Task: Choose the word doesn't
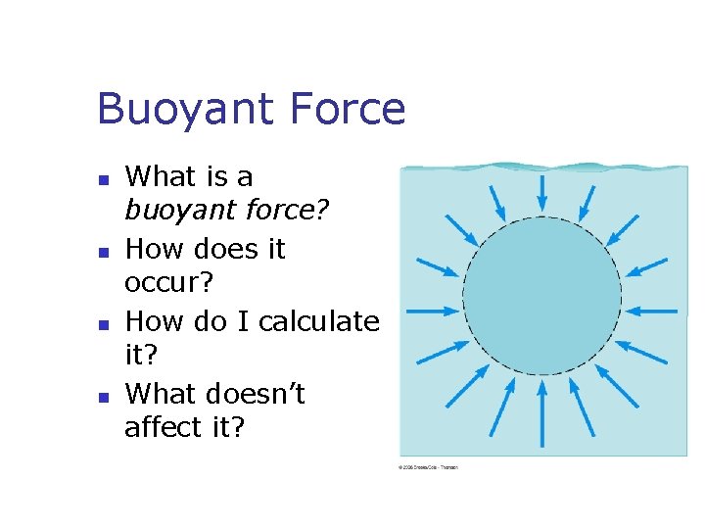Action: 258,393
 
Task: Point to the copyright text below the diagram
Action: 428,467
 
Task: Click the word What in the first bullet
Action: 162,176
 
